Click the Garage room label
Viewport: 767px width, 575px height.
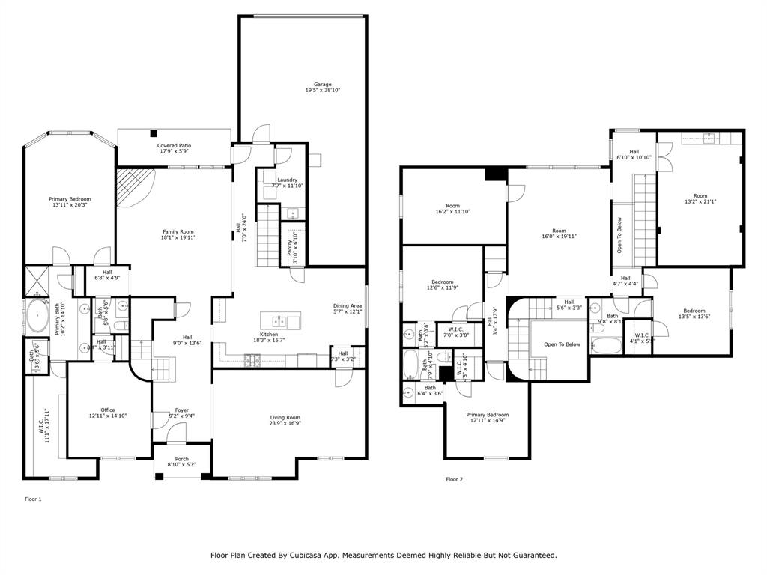(322, 85)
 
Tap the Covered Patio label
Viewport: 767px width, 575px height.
(174, 145)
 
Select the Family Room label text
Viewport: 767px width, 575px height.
(178, 232)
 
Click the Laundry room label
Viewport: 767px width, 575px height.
(287, 180)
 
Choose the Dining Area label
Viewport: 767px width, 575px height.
(348, 305)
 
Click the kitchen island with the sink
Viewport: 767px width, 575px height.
(280, 322)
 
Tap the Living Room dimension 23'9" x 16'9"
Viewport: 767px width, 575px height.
(285, 424)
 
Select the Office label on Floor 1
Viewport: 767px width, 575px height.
(108, 410)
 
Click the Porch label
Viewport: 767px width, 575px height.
(181, 459)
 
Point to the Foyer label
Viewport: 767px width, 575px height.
(182, 410)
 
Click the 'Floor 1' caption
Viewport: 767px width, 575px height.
(33, 499)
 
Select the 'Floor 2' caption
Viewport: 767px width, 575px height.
(455, 479)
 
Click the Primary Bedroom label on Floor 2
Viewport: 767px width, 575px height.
(487, 414)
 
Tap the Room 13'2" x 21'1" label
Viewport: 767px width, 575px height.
(700, 196)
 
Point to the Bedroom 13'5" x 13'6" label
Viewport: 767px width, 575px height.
(694, 311)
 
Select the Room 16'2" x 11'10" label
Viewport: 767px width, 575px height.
(452, 206)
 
